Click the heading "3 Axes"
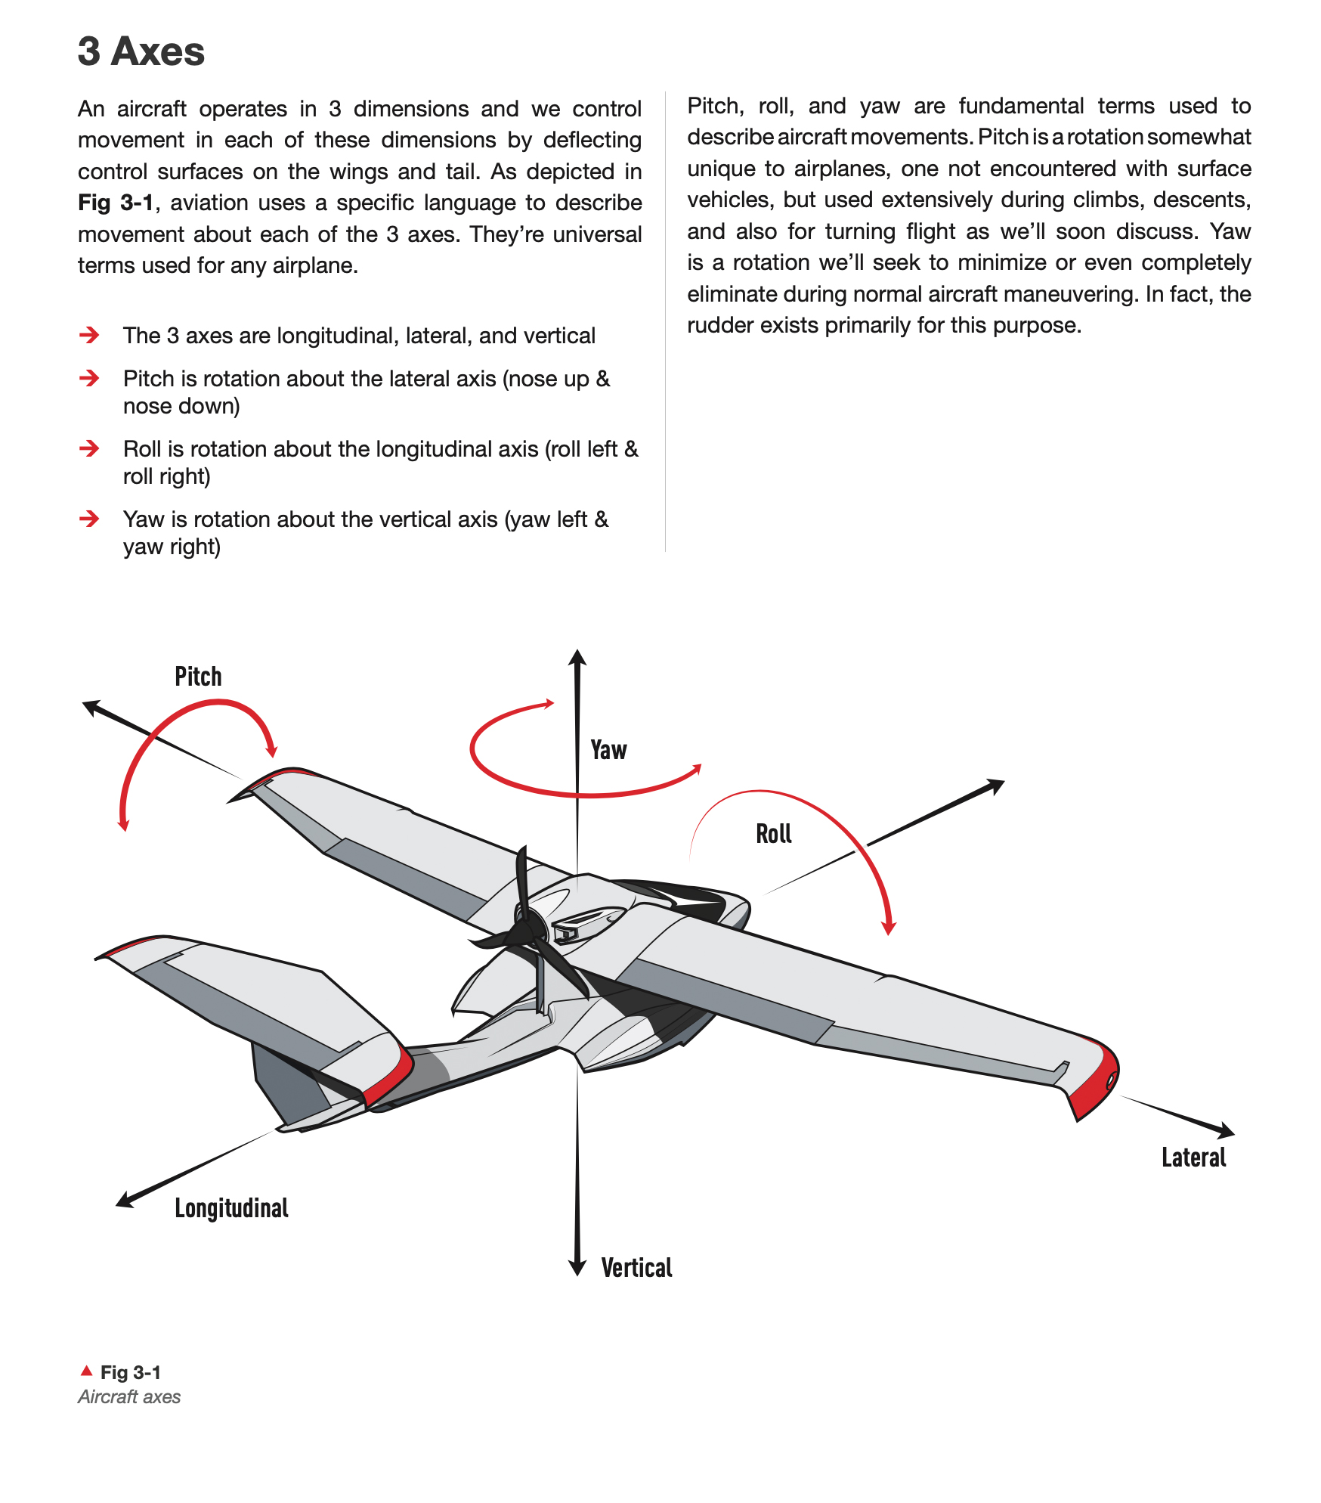(141, 51)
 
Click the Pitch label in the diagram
(198, 677)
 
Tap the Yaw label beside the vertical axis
(608, 750)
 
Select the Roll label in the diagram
(773, 834)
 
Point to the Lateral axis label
(1193, 1157)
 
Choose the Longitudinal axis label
(231, 1208)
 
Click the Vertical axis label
(636, 1268)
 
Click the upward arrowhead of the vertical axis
(577, 657)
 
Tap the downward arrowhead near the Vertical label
(577, 1267)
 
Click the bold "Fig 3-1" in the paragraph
(116, 203)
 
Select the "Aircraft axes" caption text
(129, 1397)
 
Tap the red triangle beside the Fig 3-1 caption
(87, 1371)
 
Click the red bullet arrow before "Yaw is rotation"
(89, 519)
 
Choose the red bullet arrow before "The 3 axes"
(89, 335)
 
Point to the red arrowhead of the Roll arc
(889, 927)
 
